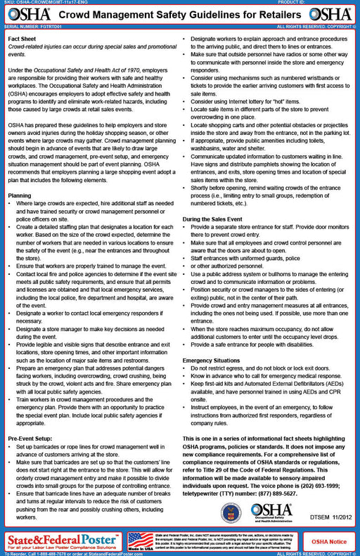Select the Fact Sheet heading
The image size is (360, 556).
(x=22, y=37)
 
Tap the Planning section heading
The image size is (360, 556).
(x=20, y=195)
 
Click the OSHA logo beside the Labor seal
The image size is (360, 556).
(x=271, y=511)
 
